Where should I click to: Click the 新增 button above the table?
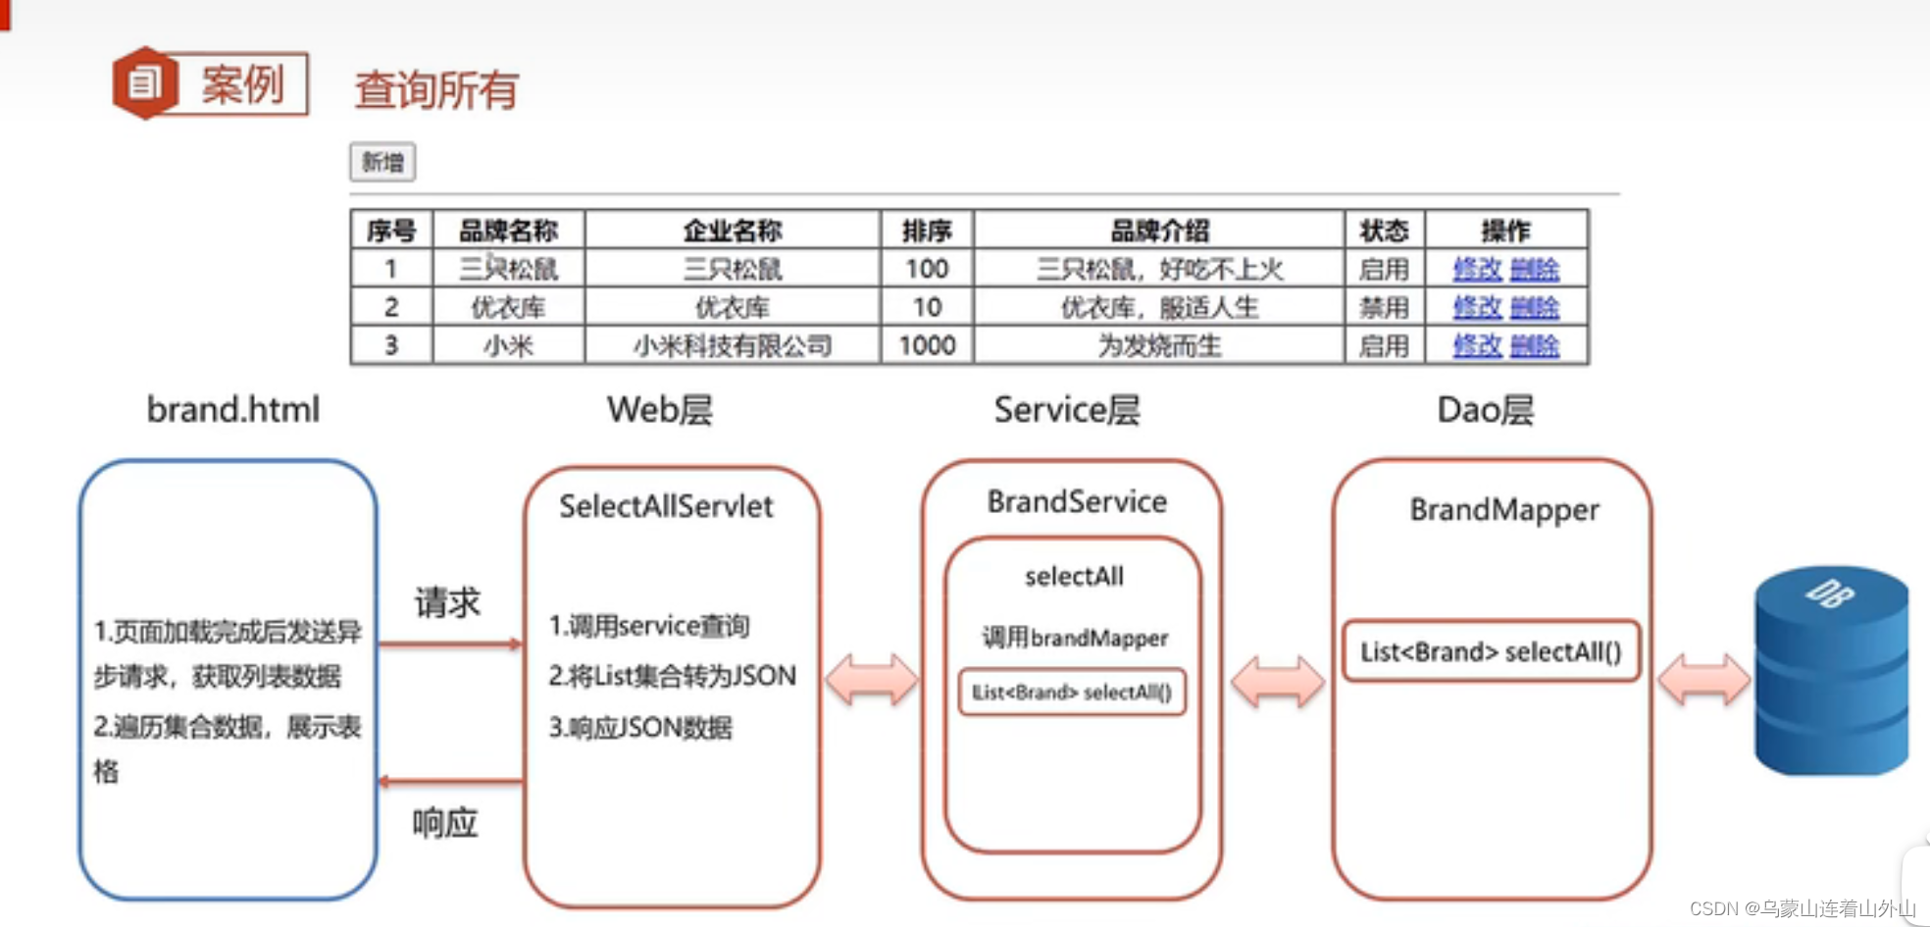[382, 162]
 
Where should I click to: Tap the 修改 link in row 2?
[1477, 307]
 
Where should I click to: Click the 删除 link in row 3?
[1535, 345]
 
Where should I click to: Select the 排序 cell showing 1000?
[927, 345]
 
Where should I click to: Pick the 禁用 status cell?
[1384, 307]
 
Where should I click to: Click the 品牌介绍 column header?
[1159, 231]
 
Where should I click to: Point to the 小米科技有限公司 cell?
[733, 345]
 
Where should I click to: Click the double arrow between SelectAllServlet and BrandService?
[872, 680]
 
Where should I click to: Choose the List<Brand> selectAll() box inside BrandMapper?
[1491, 651]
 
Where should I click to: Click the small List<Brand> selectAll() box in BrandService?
[1072, 693]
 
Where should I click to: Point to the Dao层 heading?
[1485, 410]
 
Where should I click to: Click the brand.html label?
[233, 410]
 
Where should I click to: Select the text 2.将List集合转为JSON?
[672, 676]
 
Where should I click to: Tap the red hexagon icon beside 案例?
[145, 83]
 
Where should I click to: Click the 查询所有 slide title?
[436, 90]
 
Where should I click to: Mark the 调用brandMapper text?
[1075, 639]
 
